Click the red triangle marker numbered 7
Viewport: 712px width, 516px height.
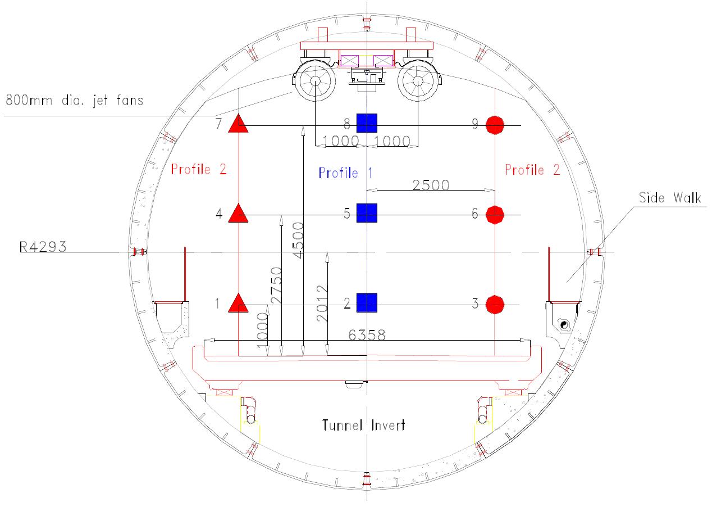238,124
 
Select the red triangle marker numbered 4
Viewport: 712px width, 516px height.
238,214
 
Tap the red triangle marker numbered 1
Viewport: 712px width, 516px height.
238,304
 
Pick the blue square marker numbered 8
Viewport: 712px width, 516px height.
367,123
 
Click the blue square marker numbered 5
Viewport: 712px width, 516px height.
367,213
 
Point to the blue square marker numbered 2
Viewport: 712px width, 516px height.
367,302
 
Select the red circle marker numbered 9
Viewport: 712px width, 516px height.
495,125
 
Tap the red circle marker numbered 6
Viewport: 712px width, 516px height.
495,215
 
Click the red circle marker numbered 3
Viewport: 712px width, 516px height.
495,304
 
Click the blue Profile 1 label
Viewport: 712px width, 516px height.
346,173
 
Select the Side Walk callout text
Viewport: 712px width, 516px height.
670,198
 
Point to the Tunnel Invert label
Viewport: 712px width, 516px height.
363,425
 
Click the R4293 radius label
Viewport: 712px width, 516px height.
43,246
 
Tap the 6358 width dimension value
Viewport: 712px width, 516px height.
367,335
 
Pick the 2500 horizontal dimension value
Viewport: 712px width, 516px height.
430,184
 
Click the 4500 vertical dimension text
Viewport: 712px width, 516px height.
297,241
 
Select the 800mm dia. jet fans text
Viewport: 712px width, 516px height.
74,101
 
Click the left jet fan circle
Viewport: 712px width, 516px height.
315,82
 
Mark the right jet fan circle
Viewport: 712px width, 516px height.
418,82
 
